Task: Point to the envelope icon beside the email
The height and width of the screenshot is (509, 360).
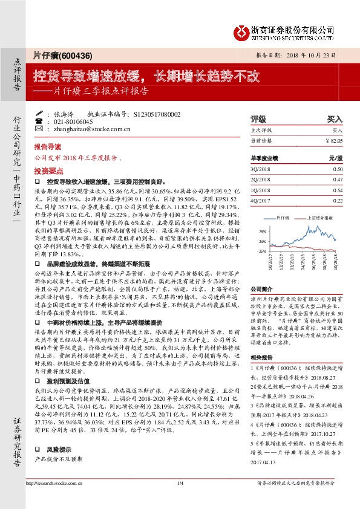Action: click(39, 129)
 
